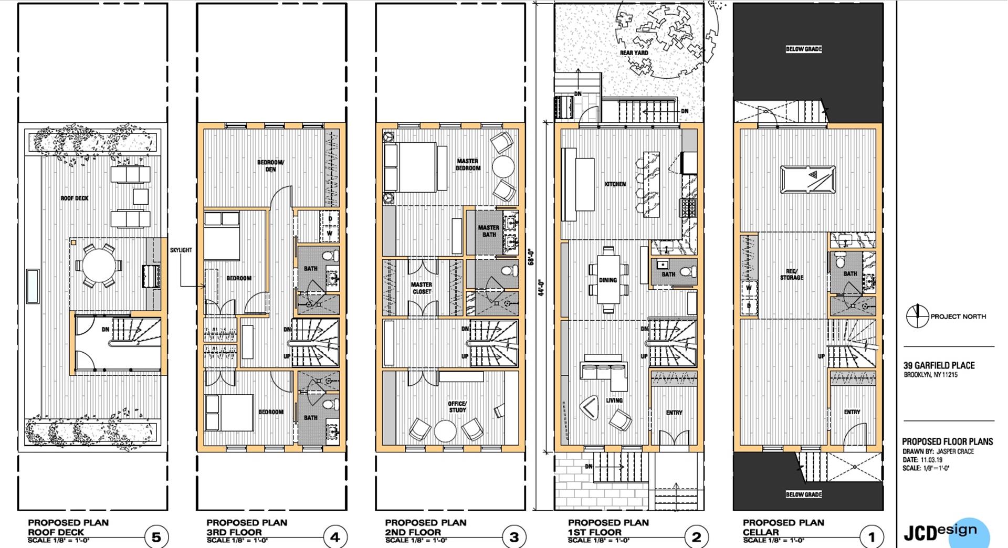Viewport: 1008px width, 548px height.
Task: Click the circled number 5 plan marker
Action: point(156,537)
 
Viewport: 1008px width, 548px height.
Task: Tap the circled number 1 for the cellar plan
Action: point(872,537)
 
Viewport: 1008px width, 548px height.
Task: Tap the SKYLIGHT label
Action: point(181,250)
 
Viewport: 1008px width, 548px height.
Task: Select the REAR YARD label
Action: point(634,53)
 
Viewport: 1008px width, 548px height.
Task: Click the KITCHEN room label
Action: point(615,184)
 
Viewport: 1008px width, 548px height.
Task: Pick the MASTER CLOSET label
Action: point(422,288)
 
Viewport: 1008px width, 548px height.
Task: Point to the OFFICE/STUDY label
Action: point(457,407)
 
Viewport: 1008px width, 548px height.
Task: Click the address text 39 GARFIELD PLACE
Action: point(939,365)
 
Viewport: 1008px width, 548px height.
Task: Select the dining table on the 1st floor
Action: point(608,280)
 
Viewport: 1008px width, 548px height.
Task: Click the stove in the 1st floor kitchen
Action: point(688,208)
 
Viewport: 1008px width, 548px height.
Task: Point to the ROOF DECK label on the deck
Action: point(75,198)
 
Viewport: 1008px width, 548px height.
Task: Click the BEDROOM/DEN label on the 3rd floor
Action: point(270,166)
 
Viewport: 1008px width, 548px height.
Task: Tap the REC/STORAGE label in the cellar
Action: point(791,274)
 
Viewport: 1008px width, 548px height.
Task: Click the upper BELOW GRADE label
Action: point(804,49)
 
